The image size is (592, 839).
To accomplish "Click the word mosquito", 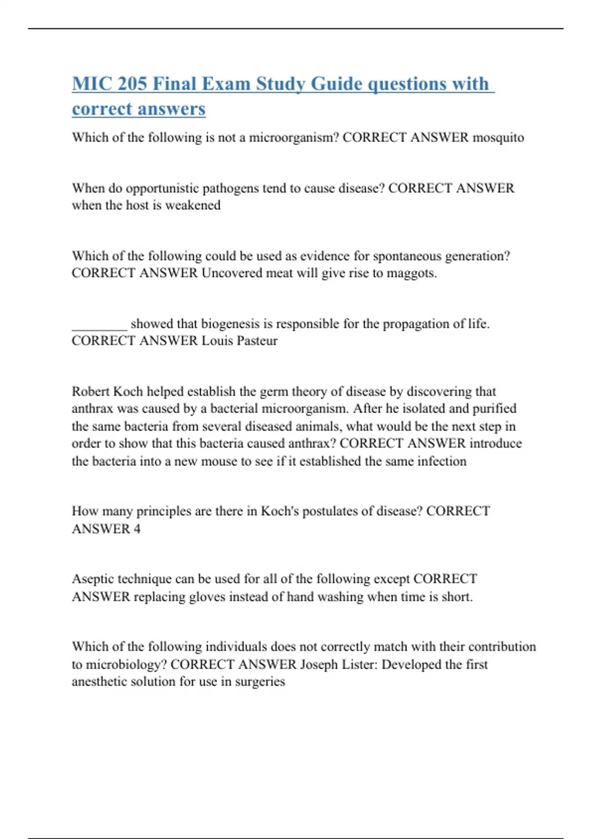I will pos(498,137).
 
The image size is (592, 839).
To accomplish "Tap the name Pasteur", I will pos(257,341).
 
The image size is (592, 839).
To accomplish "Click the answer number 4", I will pos(137,529).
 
